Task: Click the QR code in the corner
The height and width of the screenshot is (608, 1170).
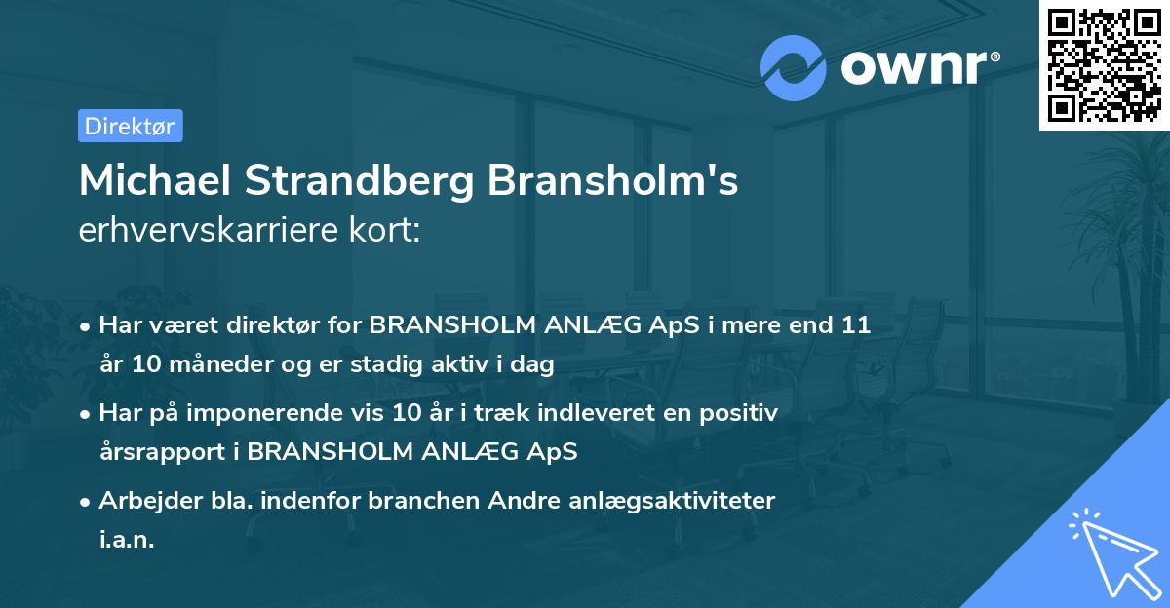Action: [x=1104, y=65]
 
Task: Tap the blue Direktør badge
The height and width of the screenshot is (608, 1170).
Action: [x=130, y=126]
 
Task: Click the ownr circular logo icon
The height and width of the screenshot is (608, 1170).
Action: [x=794, y=67]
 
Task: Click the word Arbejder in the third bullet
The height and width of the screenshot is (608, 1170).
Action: [x=141, y=501]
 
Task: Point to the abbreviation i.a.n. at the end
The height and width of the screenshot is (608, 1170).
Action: [x=127, y=540]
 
